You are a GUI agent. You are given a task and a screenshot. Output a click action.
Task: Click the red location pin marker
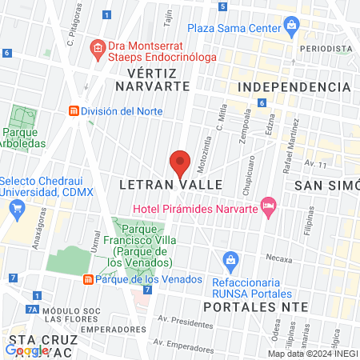point(180,162)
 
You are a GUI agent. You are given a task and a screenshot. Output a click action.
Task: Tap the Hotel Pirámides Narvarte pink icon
point(268,207)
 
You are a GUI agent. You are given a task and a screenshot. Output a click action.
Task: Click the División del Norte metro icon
point(74,111)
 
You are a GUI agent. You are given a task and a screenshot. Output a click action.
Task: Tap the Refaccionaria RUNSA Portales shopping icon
point(231,259)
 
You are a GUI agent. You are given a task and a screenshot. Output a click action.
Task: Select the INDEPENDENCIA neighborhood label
point(295,86)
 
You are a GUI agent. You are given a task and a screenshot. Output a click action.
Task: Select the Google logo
point(26,350)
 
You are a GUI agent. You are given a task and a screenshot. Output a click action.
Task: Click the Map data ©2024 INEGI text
point(312,354)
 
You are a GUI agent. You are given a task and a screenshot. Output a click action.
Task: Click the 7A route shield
point(32,309)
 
